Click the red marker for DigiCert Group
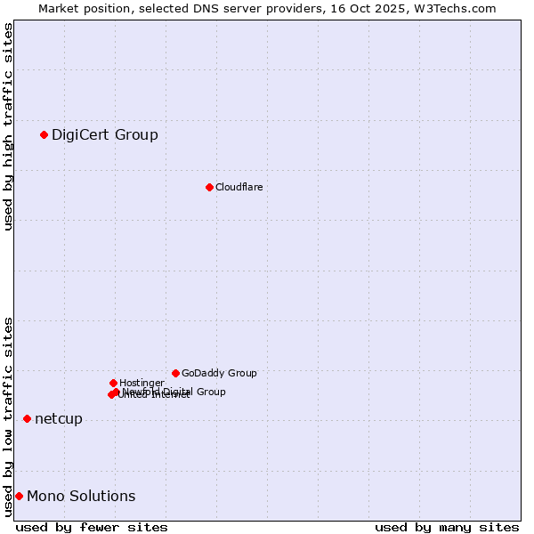(x=44, y=134)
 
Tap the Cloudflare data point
(x=209, y=187)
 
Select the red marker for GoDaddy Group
(x=175, y=373)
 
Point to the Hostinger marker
(x=113, y=383)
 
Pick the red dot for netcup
(x=27, y=418)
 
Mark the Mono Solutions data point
(x=19, y=496)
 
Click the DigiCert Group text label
(x=104, y=135)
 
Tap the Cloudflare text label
(x=239, y=187)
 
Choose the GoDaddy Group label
(x=219, y=373)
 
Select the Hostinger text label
(x=142, y=383)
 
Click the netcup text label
(x=58, y=419)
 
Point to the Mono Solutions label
(x=81, y=497)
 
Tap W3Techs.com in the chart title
(x=458, y=8)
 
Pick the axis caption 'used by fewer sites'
(x=92, y=527)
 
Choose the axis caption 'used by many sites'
(x=447, y=527)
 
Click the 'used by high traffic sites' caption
(x=8, y=126)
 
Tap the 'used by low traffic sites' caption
(x=8, y=417)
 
